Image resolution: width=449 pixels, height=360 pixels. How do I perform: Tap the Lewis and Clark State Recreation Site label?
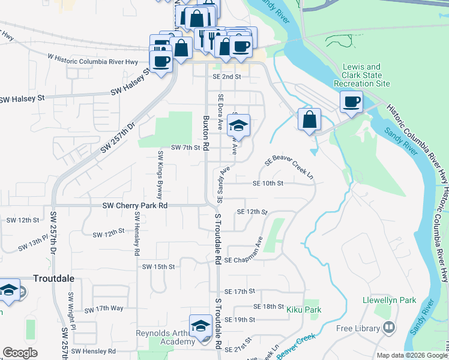pyautogui.click(x=361, y=76)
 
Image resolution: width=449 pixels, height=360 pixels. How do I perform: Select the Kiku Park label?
pyautogui.click(x=304, y=310)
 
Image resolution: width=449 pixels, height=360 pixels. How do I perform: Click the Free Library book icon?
pyautogui.click(x=390, y=328)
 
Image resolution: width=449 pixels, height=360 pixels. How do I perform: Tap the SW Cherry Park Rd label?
pyautogui.click(x=134, y=205)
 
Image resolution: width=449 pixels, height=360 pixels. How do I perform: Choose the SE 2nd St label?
pyautogui.click(x=226, y=77)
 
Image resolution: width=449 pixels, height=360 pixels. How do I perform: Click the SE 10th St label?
pyautogui.click(x=268, y=183)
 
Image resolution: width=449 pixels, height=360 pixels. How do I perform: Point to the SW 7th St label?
pyautogui.click(x=185, y=148)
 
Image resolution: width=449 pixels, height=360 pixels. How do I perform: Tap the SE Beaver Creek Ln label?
pyautogui.click(x=289, y=167)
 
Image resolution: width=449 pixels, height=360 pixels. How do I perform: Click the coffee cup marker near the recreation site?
pyautogui.click(x=351, y=101)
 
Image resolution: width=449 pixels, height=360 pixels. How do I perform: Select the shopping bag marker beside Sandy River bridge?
pyautogui.click(x=309, y=119)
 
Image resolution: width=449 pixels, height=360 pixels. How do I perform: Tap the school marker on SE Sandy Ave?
pyautogui.click(x=238, y=125)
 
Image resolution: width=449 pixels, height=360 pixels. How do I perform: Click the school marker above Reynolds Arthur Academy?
pyautogui.click(x=200, y=326)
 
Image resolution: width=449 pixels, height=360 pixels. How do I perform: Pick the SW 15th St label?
pyautogui.click(x=158, y=266)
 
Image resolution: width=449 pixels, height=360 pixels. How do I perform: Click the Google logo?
pyautogui.click(x=20, y=353)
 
